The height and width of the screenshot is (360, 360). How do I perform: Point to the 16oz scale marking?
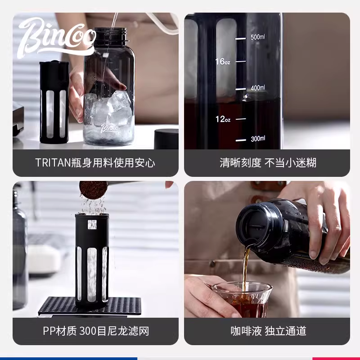222,62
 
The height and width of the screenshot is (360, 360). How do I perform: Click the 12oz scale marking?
222,119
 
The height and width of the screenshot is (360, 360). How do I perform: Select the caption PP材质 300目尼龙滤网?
95,332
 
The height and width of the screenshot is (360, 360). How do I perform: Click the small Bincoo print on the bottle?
109,128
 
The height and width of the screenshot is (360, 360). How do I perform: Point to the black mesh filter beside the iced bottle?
54,103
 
